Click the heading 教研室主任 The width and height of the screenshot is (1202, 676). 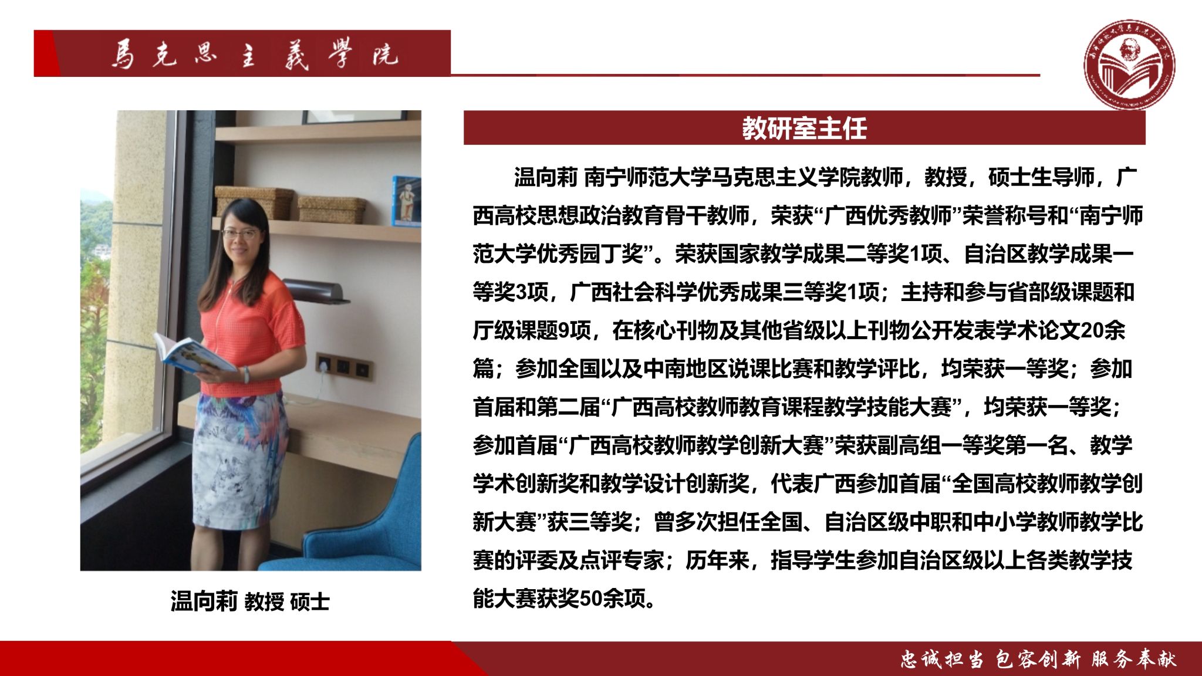click(x=804, y=128)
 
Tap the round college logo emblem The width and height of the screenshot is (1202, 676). click(x=1129, y=65)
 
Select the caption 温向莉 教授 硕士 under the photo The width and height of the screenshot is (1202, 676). click(x=250, y=601)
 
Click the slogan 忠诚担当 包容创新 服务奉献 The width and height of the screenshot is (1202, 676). click(x=1039, y=660)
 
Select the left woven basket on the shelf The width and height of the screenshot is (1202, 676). click(x=254, y=203)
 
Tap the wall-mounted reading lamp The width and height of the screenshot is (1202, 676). click(x=314, y=291)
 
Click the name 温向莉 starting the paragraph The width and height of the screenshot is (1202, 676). click(x=546, y=177)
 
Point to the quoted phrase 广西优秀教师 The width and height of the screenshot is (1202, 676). click(x=888, y=215)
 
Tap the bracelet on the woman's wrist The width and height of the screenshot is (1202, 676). click(x=247, y=374)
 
